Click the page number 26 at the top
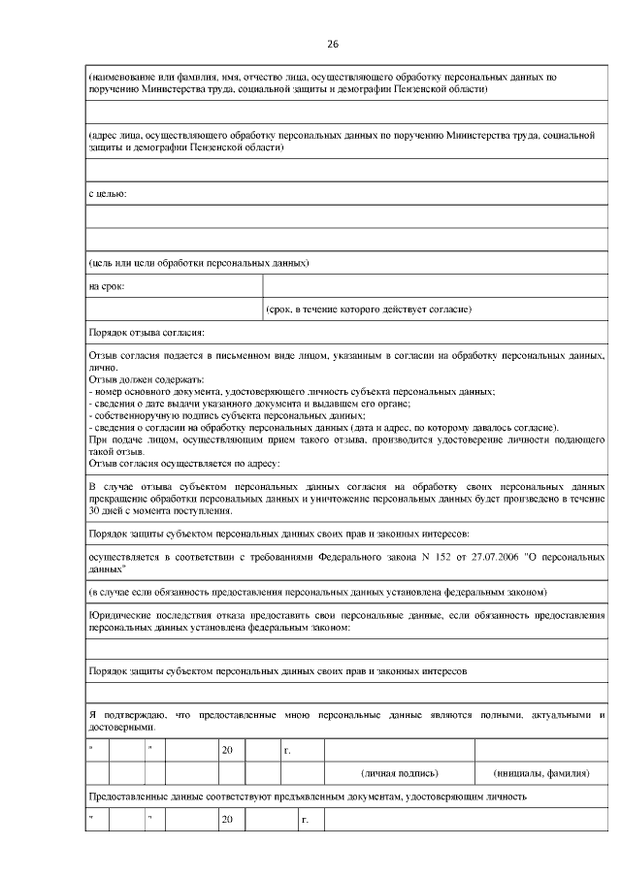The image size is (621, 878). pyautogui.click(x=333, y=45)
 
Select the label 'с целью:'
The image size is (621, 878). pyautogui.click(x=108, y=194)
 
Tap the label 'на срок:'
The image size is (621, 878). pyautogui.click(x=106, y=286)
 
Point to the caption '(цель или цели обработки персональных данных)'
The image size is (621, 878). pyautogui.click(x=199, y=263)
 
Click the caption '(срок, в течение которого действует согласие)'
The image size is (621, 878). pyautogui.click(x=369, y=310)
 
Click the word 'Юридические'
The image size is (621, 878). pyautogui.click(x=119, y=615)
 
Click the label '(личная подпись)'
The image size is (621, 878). pyautogui.click(x=399, y=773)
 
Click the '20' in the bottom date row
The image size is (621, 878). pyautogui.click(x=227, y=821)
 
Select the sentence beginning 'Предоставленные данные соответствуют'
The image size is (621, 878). pyautogui.click(x=307, y=797)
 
